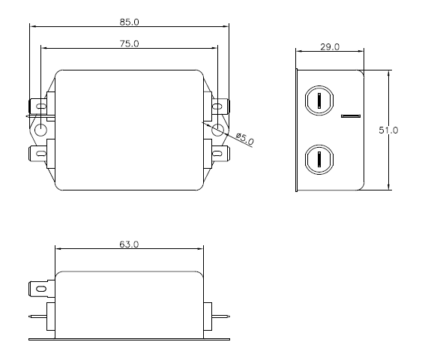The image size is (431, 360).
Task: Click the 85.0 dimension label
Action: click(130, 20)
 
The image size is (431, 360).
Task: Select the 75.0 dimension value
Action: click(130, 44)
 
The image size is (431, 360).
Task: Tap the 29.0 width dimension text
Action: click(330, 46)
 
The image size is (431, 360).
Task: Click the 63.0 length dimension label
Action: click(130, 244)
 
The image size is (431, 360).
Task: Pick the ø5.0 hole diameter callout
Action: click(245, 139)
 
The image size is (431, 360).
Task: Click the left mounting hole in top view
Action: click(40, 130)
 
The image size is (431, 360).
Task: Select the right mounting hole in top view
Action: click(218, 130)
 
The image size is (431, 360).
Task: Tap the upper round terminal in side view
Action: click(320, 100)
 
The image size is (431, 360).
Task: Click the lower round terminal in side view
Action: click(320, 159)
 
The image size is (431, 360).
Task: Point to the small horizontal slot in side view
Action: click(351, 116)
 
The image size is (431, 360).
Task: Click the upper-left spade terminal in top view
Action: click(37, 106)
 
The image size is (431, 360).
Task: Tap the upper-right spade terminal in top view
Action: click(222, 106)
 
